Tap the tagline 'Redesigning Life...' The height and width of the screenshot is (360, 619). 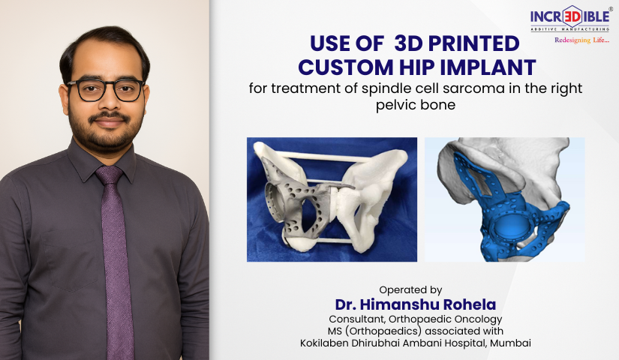click(582, 40)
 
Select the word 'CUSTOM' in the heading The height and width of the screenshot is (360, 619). click(346, 67)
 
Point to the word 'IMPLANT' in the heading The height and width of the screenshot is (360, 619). click(488, 67)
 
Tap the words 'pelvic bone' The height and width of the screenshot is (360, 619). click(416, 105)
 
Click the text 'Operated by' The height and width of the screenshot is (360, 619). click(410, 290)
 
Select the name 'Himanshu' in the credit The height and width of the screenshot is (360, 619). click(399, 304)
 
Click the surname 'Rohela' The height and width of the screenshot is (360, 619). click(470, 304)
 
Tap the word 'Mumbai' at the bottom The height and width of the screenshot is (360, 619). click(510, 343)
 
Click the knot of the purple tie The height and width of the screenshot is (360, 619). click(110, 175)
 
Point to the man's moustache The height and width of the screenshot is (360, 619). click(109, 117)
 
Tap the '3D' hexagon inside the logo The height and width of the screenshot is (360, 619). click(571, 16)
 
